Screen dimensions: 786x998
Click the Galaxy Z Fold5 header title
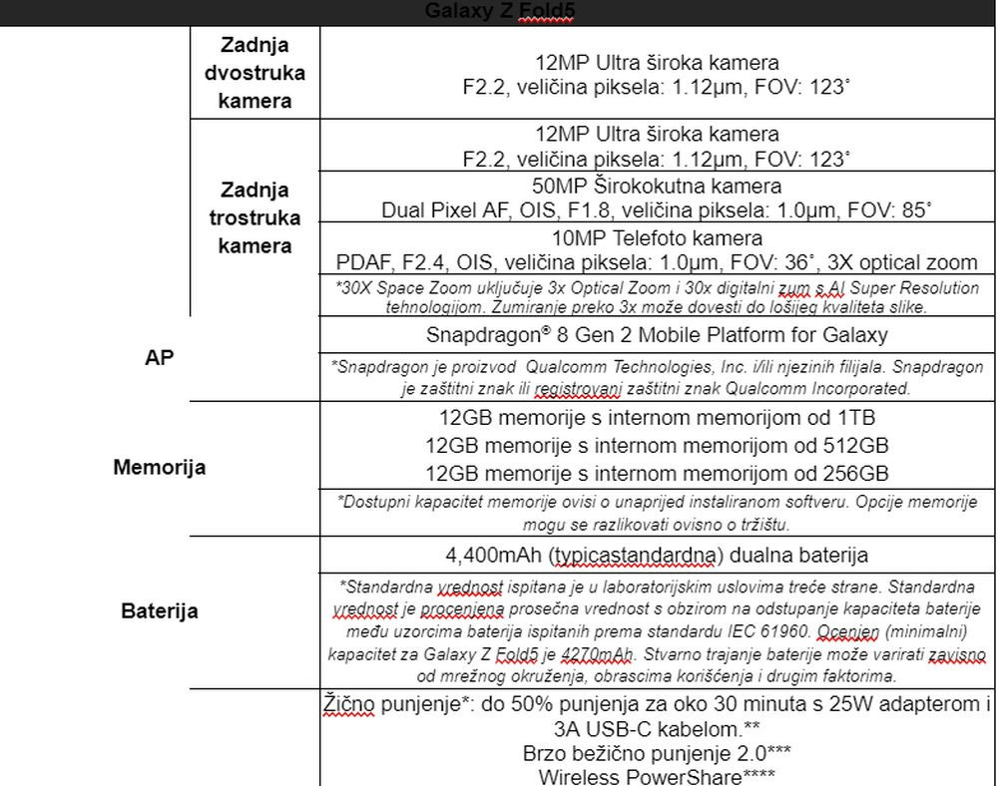coord(500,11)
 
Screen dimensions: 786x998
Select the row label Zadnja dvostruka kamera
coord(254,73)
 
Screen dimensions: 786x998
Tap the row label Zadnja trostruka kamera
coord(254,217)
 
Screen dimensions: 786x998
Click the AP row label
coord(160,358)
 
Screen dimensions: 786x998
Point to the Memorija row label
coord(160,467)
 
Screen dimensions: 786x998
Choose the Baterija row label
coord(160,610)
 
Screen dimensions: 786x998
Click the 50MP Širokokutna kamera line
coord(657,186)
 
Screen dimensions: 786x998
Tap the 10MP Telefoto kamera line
coord(657,238)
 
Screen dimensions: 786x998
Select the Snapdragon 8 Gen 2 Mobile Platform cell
coord(657,335)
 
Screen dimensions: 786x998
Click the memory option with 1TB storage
coord(657,418)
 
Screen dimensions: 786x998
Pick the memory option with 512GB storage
coord(657,445)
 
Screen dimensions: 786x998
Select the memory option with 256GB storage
coord(657,473)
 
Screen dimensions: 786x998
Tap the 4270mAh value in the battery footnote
coord(597,654)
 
